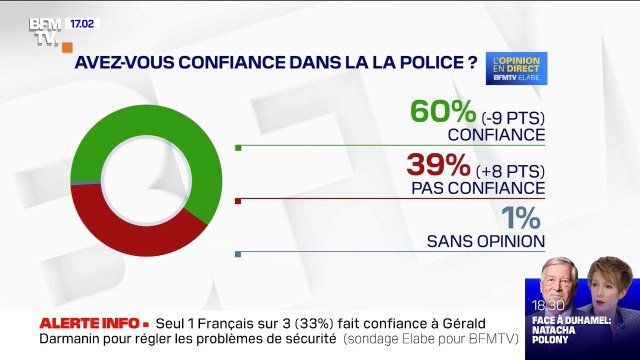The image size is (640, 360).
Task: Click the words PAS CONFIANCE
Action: (x=477, y=187)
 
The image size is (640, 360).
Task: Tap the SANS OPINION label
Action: (x=485, y=240)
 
